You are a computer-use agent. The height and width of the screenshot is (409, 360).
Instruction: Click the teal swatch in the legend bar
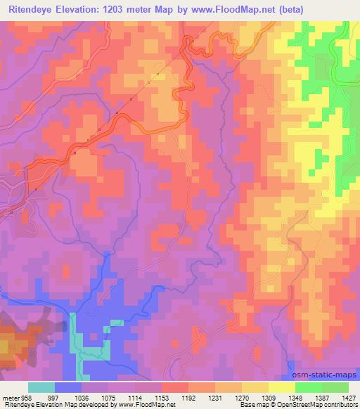(41, 387)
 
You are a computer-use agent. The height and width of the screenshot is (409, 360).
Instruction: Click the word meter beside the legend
(11, 398)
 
